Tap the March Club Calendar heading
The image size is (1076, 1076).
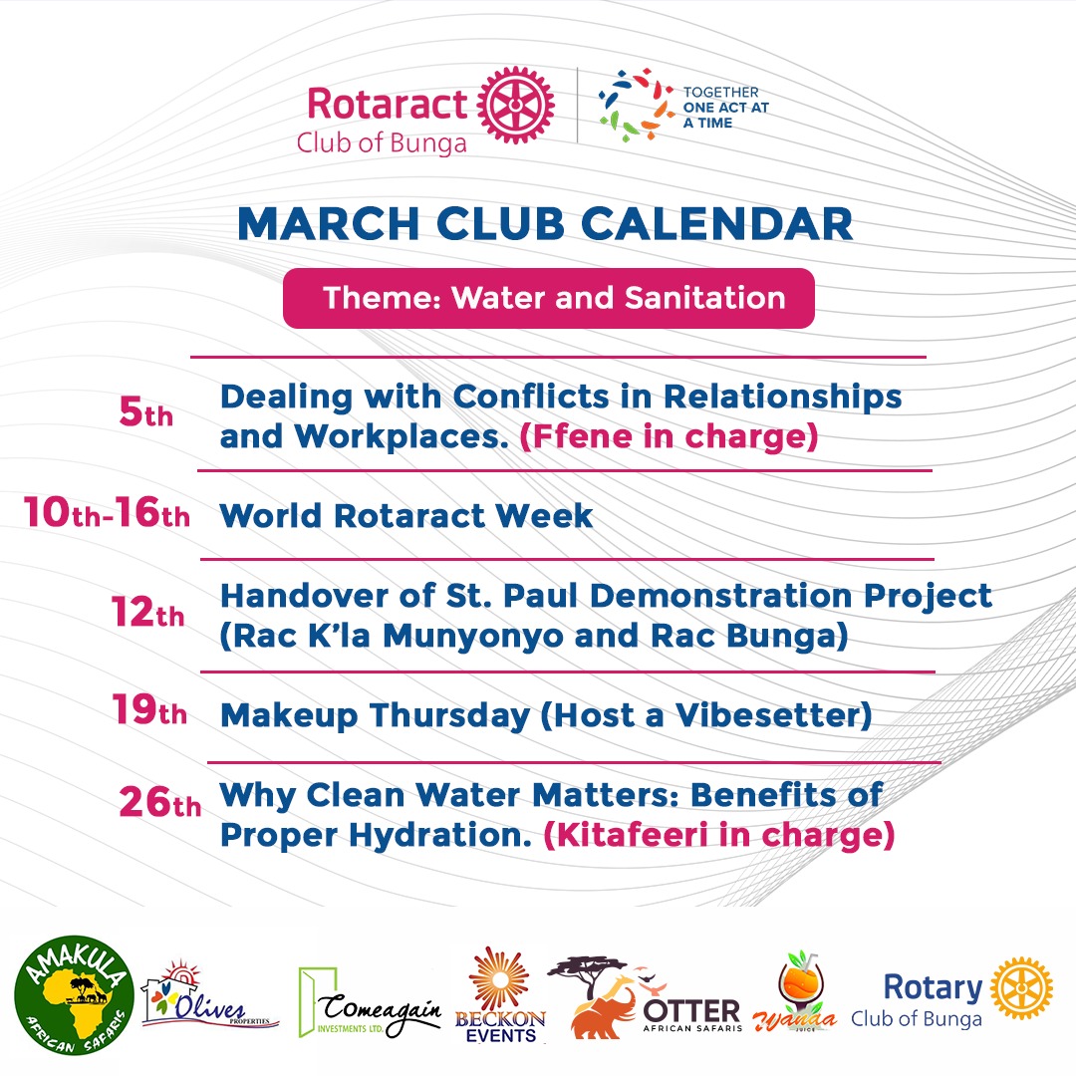pos(545,223)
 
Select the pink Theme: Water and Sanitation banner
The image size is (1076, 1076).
pos(549,298)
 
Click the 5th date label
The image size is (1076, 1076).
pos(145,413)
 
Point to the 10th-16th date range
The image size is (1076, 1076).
pos(107,515)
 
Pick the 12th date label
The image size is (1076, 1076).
pos(147,614)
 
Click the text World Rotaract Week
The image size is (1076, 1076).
pos(406,516)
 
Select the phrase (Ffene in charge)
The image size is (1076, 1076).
pos(669,436)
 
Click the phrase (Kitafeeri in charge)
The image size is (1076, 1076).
pos(718,835)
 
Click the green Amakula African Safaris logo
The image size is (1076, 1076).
pos(73,992)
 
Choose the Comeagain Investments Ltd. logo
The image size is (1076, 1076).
pos(370,1001)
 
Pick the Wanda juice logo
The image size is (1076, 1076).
pos(807,996)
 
